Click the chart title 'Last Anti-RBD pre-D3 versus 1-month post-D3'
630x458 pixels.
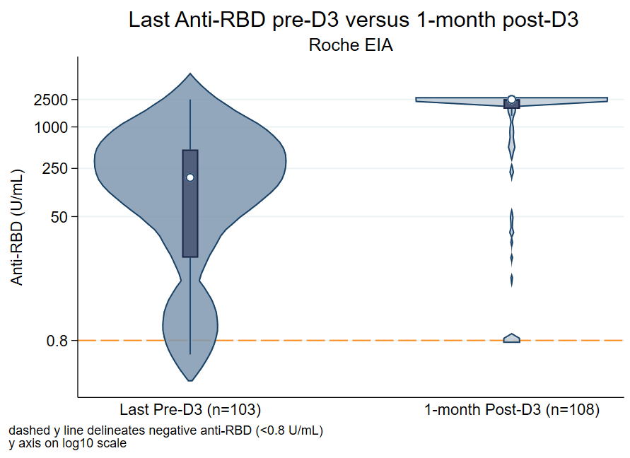click(354, 20)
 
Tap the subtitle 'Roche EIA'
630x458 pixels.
click(351, 46)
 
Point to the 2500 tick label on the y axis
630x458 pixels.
click(49, 100)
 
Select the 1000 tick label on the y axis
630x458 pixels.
click(49, 127)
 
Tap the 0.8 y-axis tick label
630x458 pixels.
click(56, 341)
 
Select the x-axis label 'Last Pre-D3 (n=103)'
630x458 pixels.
click(190, 409)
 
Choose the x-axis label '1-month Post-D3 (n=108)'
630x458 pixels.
click(512, 409)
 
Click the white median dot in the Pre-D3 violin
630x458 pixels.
click(190, 177)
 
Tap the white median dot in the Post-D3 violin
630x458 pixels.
click(512, 100)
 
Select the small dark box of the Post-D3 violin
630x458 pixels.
click(511, 105)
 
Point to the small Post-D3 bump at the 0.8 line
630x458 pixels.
click(512, 338)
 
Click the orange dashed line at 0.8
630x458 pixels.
click(354, 341)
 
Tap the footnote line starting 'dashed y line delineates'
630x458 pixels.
click(166, 430)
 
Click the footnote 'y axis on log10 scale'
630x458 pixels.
click(68, 444)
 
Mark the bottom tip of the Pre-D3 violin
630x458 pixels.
click(190, 380)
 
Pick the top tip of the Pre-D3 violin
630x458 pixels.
click(190, 74)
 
